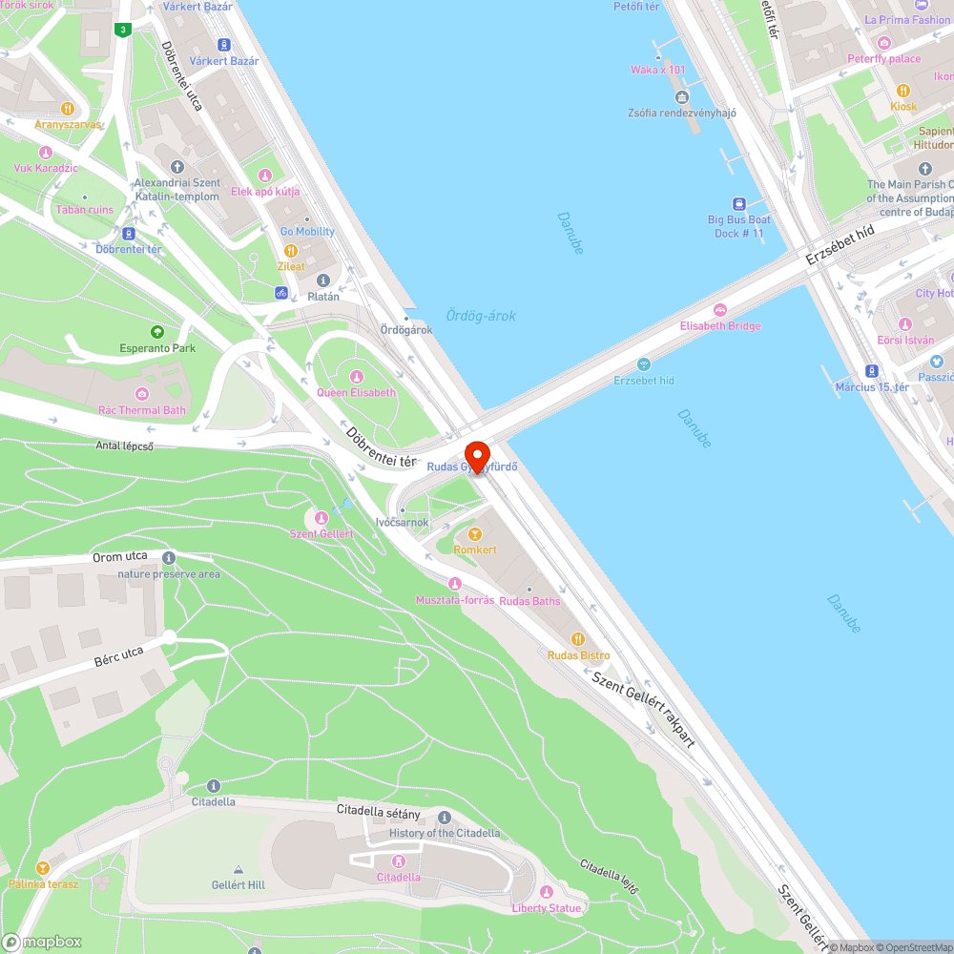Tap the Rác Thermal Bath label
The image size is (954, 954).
[141, 410]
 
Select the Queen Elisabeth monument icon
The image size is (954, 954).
[357, 376]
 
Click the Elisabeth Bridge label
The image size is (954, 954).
[720, 326]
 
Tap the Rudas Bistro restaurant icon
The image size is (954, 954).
[577, 639]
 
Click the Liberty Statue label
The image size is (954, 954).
[546, 908]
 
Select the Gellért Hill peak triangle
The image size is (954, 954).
[237, 870]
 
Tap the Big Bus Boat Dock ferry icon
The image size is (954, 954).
[739, 203]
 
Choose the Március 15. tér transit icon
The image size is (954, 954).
[872, 371]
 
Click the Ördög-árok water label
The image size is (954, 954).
[481, 316]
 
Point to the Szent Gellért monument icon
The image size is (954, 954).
[321, 518]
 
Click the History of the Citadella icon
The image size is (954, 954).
[444, 818]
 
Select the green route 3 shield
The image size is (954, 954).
[122, 30]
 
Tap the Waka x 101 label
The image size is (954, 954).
[657, 70]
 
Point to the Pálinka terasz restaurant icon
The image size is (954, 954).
[42, 868]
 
